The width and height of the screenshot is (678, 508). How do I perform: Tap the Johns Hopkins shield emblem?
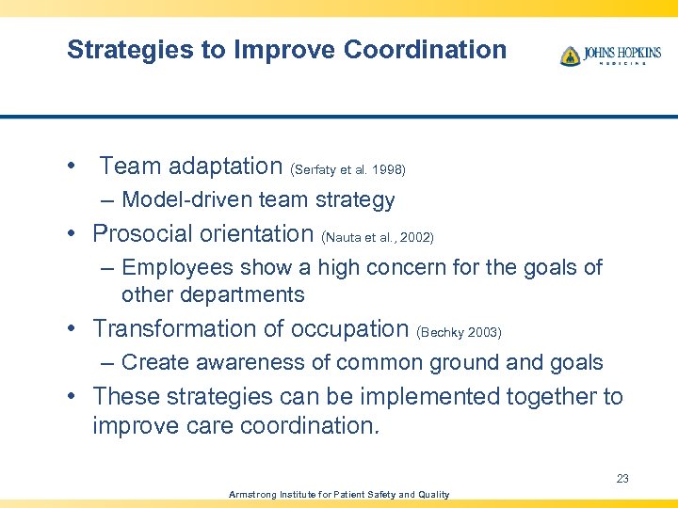[570, 56]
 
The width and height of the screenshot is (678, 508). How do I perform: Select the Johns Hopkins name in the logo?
[621, 53]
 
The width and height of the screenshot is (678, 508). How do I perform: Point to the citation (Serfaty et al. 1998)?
[348, 170]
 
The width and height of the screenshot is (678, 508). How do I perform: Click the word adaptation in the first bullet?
[225, 167]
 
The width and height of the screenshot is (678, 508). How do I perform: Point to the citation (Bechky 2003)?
[459, 333]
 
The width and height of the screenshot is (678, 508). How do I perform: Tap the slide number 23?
[622, 479]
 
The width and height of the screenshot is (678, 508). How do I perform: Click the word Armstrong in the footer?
[253, 495]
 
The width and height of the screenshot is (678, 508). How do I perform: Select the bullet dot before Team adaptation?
[73, 167]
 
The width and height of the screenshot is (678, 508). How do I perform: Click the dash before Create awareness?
[108, 363]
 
